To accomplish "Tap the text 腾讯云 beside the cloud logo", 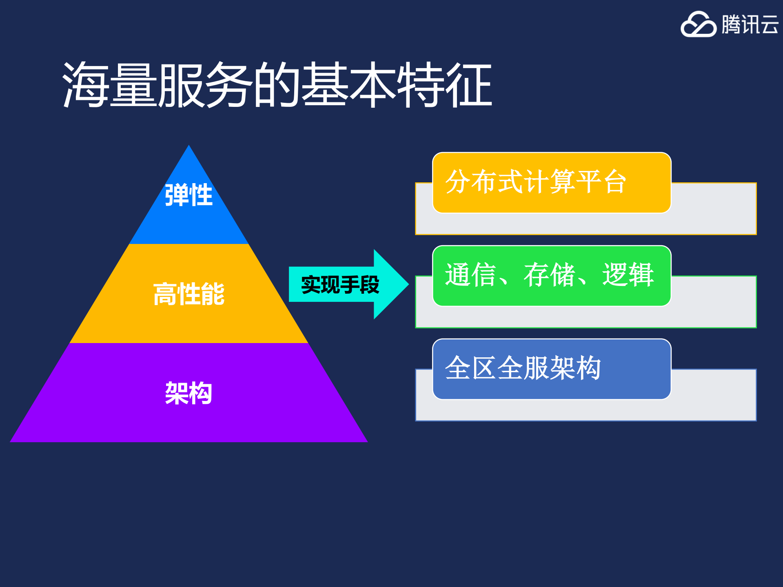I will click(750, 24).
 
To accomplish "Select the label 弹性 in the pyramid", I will click(189, 195).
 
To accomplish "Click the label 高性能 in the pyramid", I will click(189, 294).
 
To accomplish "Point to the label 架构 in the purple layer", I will click(189, 393).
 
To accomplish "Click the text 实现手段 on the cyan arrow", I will click(340, 284).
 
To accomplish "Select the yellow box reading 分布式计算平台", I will click(552, 182).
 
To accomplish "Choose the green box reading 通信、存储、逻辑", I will click(552, 275).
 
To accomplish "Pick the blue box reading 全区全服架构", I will click(552, 369).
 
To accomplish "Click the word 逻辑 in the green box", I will click(628, 275).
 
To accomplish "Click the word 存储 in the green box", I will click(549, 275).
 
